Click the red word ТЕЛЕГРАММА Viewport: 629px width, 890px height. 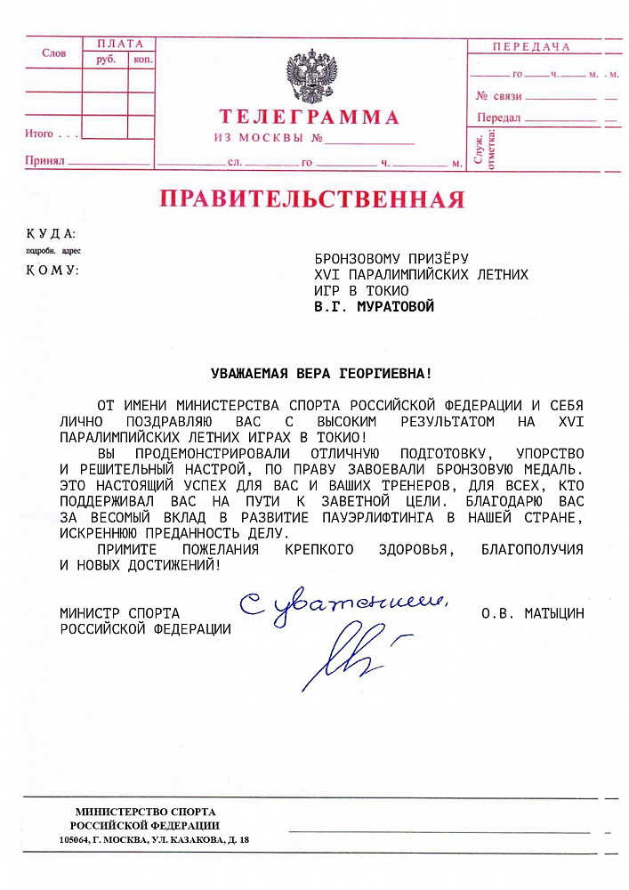click(310, 117)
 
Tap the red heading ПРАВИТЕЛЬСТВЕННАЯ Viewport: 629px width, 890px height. click(311, 198)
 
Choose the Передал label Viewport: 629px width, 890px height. click(498, 117)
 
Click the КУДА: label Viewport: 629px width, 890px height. click(51, 233)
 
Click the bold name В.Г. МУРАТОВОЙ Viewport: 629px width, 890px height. click(375, 306)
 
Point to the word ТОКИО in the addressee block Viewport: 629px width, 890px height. click(390, 290)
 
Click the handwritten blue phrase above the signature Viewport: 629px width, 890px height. click(343, 604)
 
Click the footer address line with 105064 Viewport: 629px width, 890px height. click(154, 840)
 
